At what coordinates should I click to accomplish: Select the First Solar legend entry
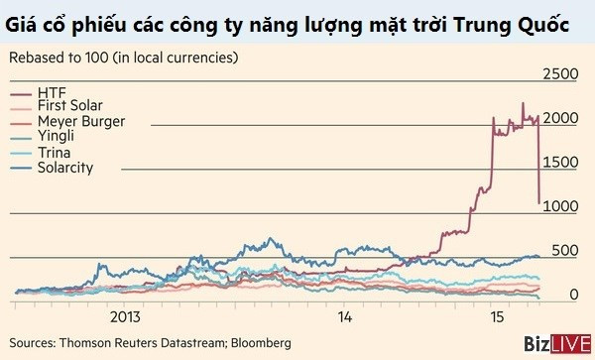pos(69,105)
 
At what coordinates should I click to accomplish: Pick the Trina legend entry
pos(53,153)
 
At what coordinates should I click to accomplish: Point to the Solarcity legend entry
pos(64,168)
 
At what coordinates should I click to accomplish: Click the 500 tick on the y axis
pos(560,250)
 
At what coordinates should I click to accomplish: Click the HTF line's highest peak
pos(523,102)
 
